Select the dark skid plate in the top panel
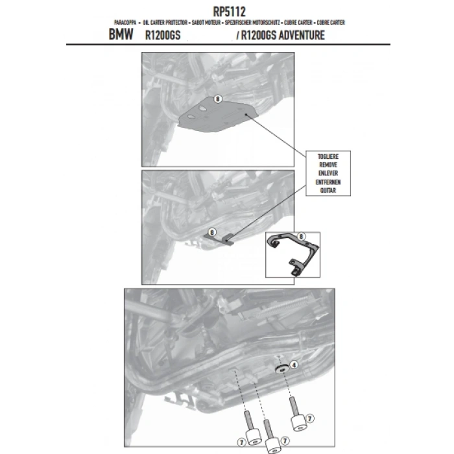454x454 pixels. click(214, 119)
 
